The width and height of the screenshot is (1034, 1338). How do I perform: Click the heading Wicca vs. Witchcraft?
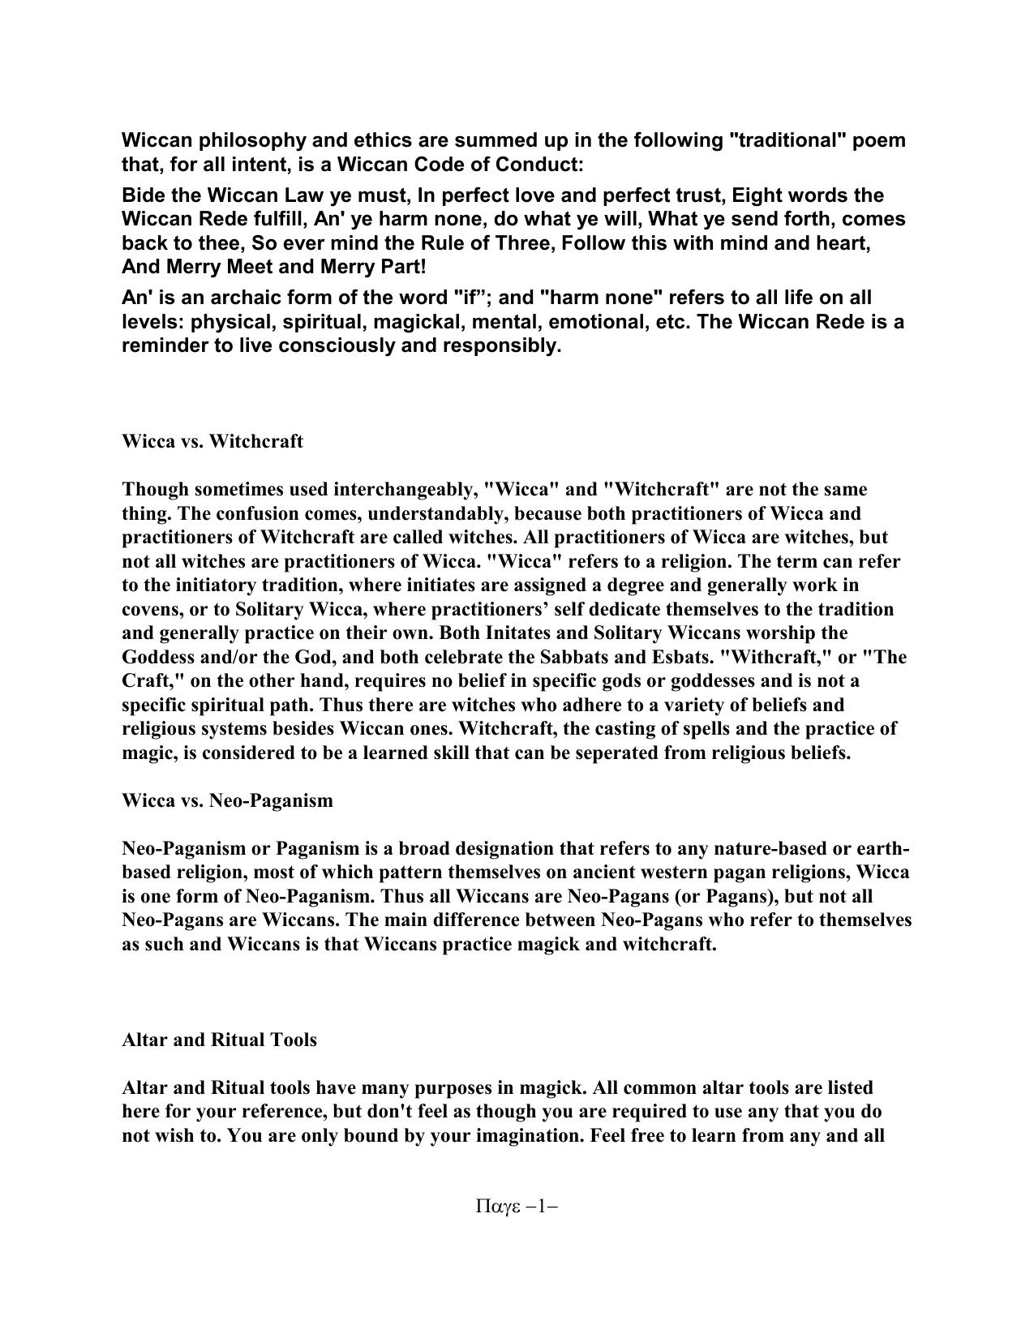pos(212,441)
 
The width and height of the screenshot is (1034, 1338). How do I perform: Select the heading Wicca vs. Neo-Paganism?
pos(227,800)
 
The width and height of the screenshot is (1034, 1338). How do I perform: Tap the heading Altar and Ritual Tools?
pos(219,1040)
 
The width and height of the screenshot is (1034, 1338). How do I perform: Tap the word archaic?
pos(242,298)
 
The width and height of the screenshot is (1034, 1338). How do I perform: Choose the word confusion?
pos(238,513)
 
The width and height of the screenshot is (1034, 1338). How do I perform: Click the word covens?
pos(151,609)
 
